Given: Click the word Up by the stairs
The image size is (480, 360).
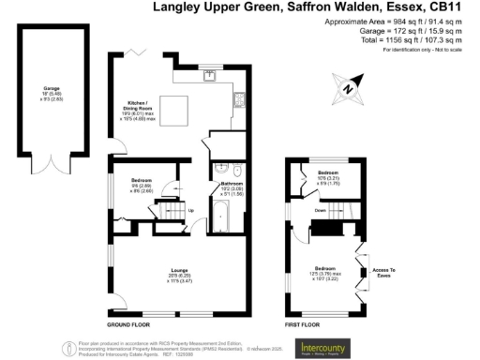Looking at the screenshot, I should click(191, 210).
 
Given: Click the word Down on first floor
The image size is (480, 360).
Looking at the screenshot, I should click(321, 211).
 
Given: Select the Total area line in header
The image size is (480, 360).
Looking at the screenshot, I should click(419, 40).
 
